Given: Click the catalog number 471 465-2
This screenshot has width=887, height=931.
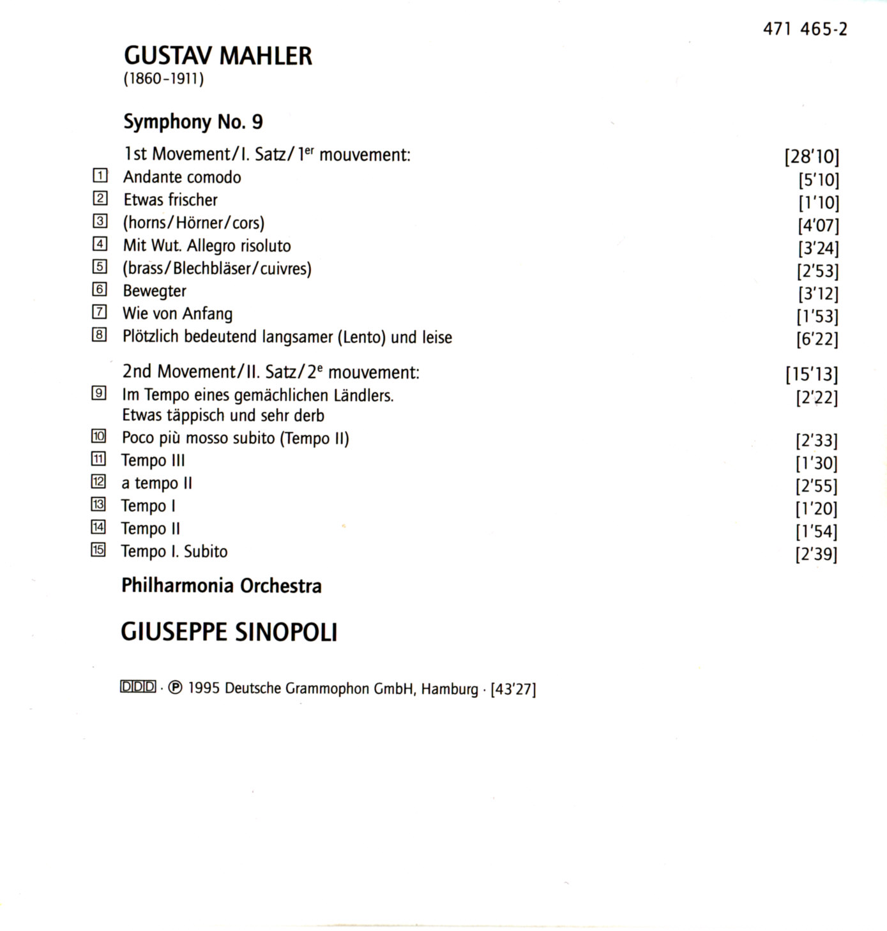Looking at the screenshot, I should point(805,29).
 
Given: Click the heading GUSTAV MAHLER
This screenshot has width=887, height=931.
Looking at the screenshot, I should point(218,56).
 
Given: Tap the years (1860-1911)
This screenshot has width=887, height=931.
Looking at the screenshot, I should point(163,80).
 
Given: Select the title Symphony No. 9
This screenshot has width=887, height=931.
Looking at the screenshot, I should point(193,121).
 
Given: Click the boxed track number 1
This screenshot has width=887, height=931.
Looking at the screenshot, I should point(100,176).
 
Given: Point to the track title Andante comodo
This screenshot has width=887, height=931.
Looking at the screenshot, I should point(182,177).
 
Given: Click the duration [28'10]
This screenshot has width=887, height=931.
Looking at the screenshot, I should point(811,156).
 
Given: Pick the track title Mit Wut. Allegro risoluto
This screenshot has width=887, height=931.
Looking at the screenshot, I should point(207,245).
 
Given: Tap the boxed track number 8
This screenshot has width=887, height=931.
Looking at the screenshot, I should point(99,335).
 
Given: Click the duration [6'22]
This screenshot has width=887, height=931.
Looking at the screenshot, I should point(817,338).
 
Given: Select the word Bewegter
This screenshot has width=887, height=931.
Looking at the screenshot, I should point(155,291).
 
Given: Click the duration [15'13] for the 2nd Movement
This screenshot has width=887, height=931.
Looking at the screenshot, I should point(811,374).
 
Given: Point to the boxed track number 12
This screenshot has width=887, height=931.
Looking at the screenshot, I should point(98,482).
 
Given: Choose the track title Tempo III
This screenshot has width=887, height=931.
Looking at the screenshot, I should point(153,460).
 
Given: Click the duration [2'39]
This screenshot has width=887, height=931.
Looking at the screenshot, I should point(815,554).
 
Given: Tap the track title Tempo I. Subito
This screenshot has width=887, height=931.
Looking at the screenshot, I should point(174,551).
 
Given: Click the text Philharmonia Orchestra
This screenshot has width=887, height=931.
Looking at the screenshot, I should point(222,586).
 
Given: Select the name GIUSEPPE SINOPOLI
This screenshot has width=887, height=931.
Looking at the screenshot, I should point(229,632).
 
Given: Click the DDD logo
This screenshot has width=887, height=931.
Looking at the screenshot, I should point(138,687).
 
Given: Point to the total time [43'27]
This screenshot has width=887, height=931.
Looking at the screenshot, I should point(513,689).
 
